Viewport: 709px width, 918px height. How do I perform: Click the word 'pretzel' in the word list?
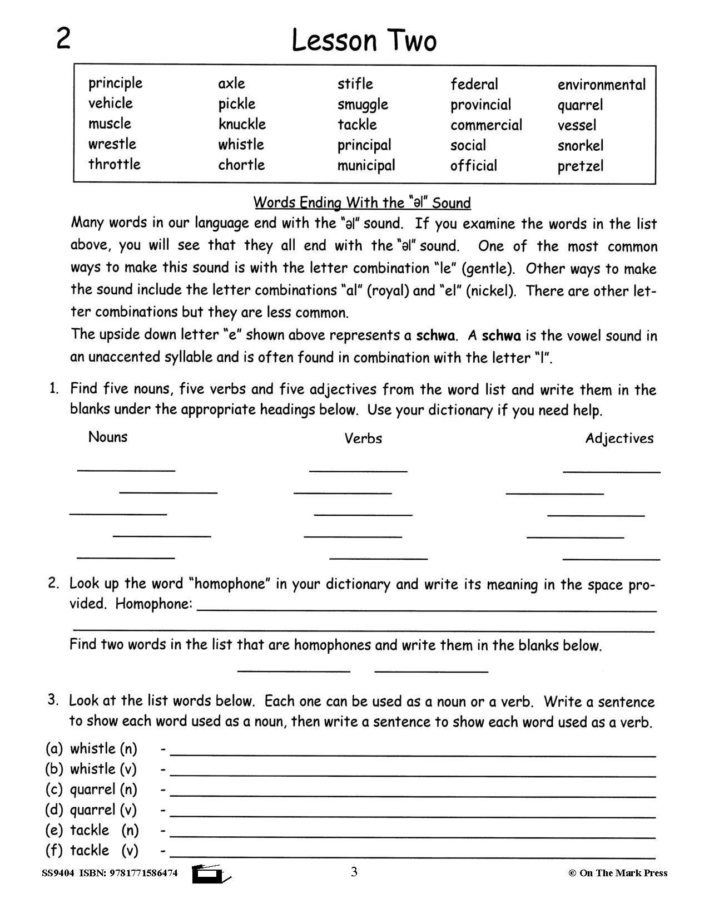pos(580,166)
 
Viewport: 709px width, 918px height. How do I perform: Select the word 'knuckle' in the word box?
pos(242,124)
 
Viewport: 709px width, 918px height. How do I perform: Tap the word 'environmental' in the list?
pos(601,85)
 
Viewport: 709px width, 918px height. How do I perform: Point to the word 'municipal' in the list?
pos(366,166)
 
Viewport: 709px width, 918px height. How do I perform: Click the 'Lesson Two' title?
pos(364,42)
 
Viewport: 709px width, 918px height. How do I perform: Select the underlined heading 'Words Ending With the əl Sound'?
pos(362,203)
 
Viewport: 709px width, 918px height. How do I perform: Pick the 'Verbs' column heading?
pos(363,438)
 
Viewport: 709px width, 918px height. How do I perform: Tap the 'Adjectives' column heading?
pos(619,438)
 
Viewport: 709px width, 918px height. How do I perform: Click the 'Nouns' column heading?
pos(108,437)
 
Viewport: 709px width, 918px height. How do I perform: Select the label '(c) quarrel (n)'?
pos(91,789)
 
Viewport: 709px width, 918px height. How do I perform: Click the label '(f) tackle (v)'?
pos(91,851)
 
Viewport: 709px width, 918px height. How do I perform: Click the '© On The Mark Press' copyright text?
pos(618,873)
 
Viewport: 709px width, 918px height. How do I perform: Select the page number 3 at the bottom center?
pos(354,872)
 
